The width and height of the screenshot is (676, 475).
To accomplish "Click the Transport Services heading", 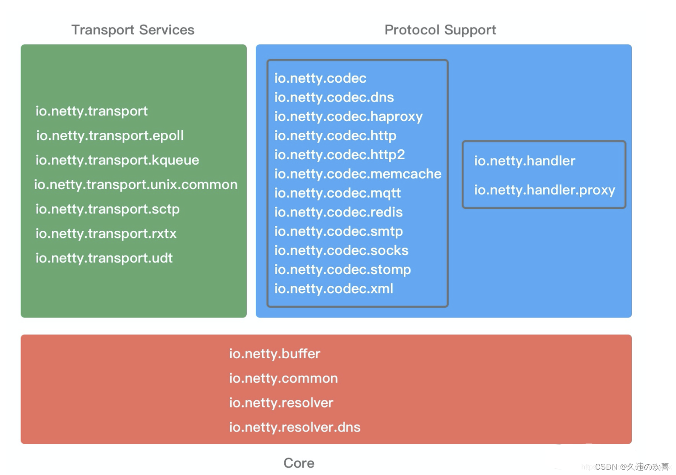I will pyautogui.click(x=133, y=30).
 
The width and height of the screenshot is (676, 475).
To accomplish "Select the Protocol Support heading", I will pyautogui.click(x=440, y=30).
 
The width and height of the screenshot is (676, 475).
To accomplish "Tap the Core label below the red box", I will pyautogui.click(x=299, y=463).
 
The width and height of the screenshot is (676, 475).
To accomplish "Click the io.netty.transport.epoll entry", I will pyautogui.click(x=110, y=136).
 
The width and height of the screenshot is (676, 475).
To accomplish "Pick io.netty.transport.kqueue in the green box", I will pyautogui.click(x=117, y=160).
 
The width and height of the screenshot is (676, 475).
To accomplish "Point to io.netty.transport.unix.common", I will pyautogui.click(x=135, y=185).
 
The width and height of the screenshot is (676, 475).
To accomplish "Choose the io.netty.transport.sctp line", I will pyautogui.click(x=107, y=209).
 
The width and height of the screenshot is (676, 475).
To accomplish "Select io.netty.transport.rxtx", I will pyautogui.click(x=106, y=233).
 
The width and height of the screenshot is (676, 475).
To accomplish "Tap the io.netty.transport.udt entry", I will pyautogui.click(x=104, y=258).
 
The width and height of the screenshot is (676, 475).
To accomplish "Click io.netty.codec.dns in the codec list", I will pyautogui.click(x=334, y=98).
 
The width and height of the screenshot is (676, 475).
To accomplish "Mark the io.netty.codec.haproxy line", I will pyautogui.click(x=348, y=117).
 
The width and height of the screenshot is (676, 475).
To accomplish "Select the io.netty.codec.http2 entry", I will pyautogui.click(x=339, y=155).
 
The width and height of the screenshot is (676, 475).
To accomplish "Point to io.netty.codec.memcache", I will pyautogui.click(x=358, y=174).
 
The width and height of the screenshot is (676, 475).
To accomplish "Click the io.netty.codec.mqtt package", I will pyautogui.click(x=338, y=193).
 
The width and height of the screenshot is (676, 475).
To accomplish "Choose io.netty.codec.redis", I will pyautogui.click(x=338, y=212).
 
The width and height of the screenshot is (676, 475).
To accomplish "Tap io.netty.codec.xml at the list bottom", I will pyautogui.click(x=334, y=289).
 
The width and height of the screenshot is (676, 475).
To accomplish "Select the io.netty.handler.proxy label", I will pyautogui.click(x=545, y=190).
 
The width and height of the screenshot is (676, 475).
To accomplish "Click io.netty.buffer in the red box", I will pyautogui.click(x=275, y=354).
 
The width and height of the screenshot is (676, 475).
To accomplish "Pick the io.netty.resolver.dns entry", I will pyautogui.click(x=295, y=427).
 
